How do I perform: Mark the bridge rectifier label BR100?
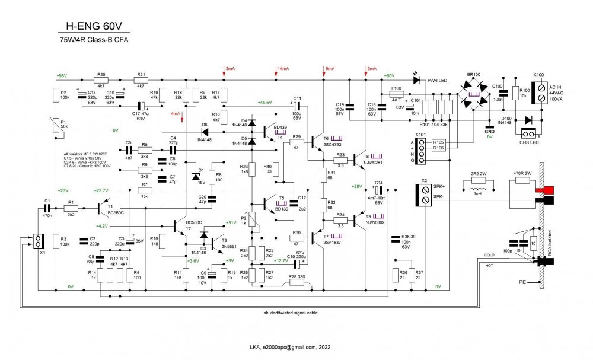(x=473, y=74)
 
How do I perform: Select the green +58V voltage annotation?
(x=61, y=76)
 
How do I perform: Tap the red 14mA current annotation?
(x=283, y=69)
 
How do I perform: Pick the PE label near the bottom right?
(x=522, y=281)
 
